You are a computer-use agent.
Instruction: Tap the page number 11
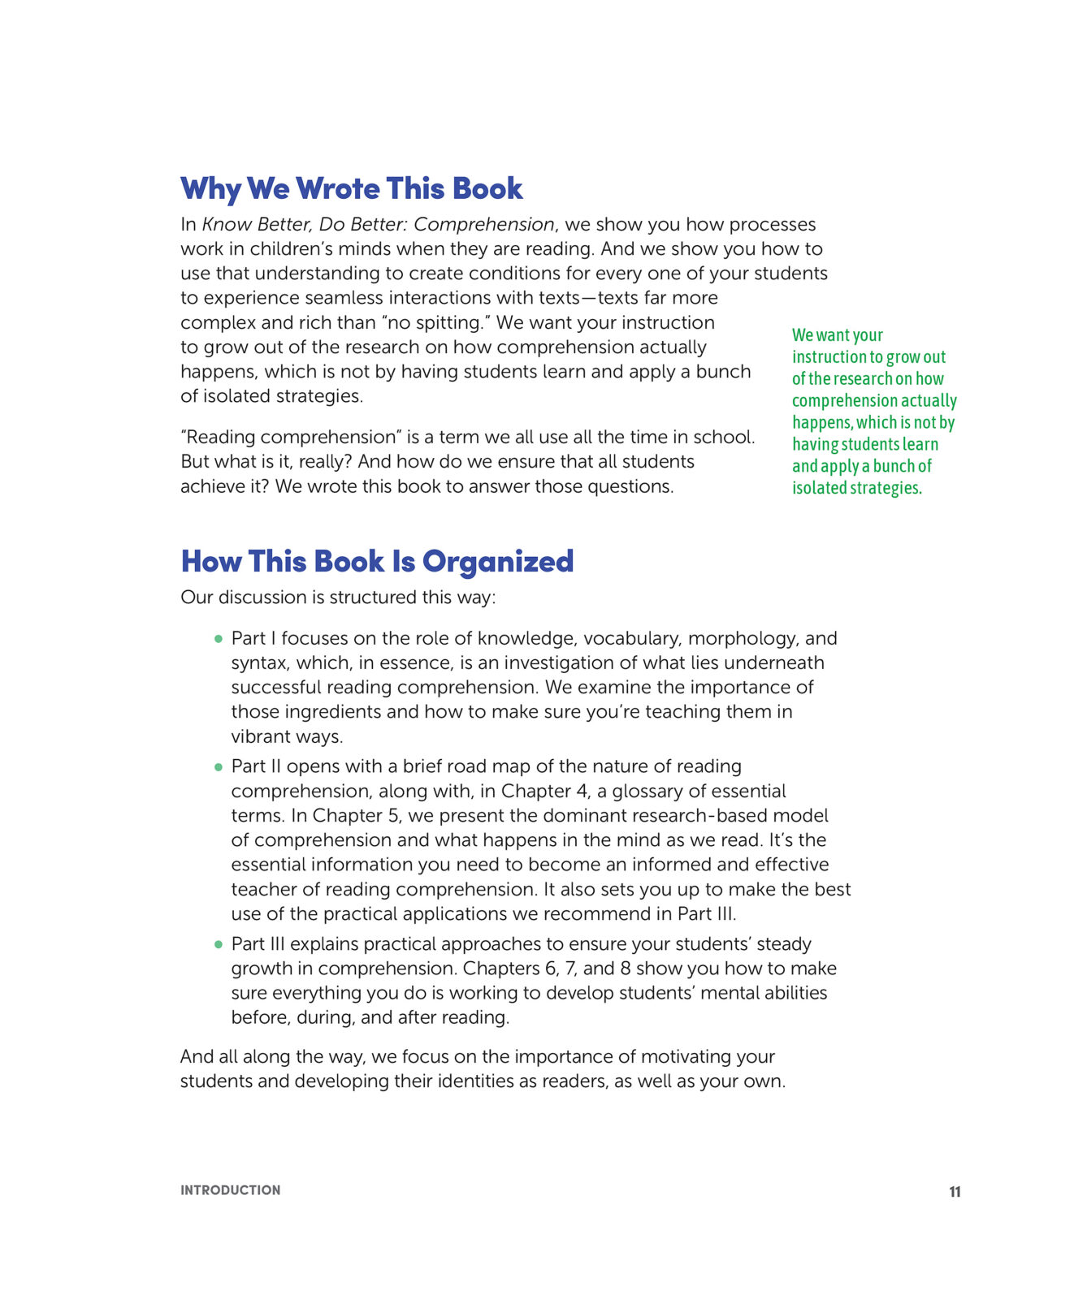point(955,1192)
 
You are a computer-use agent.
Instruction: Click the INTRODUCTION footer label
point(230,1190)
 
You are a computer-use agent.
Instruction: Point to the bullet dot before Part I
point(218,639)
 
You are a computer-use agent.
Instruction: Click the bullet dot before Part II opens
point(218,767)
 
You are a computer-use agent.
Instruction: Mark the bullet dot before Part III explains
point(218,944)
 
